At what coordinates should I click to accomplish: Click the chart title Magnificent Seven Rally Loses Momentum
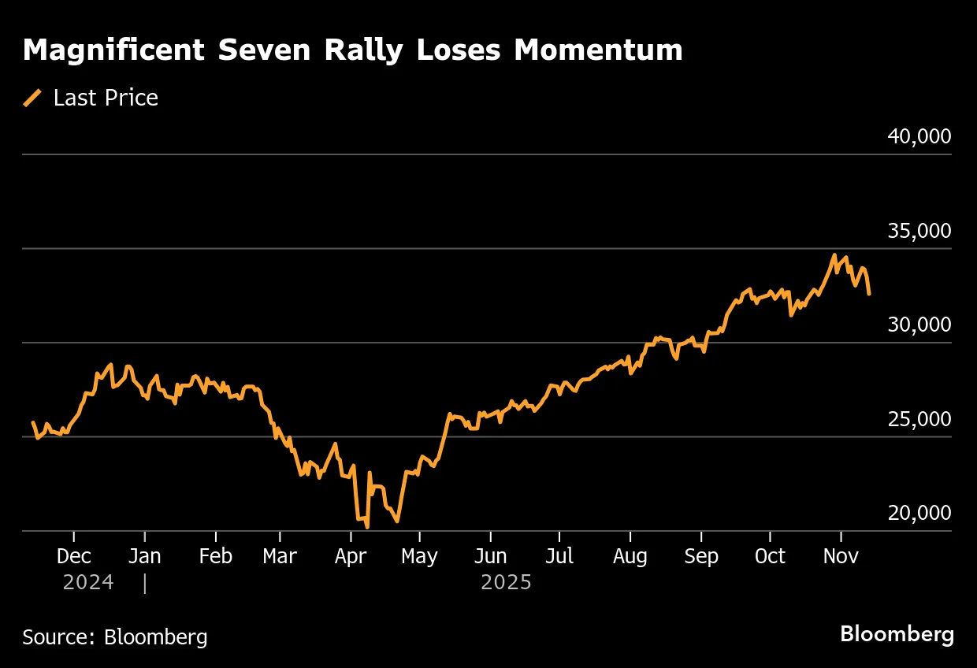[x=352, y=50]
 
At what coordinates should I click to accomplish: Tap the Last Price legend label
[x=106, y=98]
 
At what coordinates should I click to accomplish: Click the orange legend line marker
[x=32, y=98]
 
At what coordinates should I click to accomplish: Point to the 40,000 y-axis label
[x=919, y=136]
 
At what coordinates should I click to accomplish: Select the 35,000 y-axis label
[x=919, y=231]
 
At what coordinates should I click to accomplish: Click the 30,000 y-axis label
[x=919, y=325]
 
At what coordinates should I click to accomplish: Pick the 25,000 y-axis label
[x=919, y=419]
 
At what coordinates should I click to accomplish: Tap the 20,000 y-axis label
[x=919, y=513]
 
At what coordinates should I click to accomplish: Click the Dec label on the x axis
[x=74, y=556]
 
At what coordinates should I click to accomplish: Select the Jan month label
[x=144, y=556]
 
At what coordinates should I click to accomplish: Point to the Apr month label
[x=351, y=556]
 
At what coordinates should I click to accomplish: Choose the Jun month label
[x=490, y=556]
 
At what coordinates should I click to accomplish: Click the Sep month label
[x=700, y=556]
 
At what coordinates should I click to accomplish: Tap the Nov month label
[x=840, y=556]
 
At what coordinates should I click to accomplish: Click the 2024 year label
[x=88, y=583]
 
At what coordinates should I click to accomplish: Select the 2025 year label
[x=506, y=583]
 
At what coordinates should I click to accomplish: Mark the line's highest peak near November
[x=834, y=255]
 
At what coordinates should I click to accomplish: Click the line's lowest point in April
[x=367, y=527]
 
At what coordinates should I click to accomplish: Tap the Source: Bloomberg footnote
[x=115, y=636]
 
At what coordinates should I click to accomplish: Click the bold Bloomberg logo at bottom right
[x=897, y=634]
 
